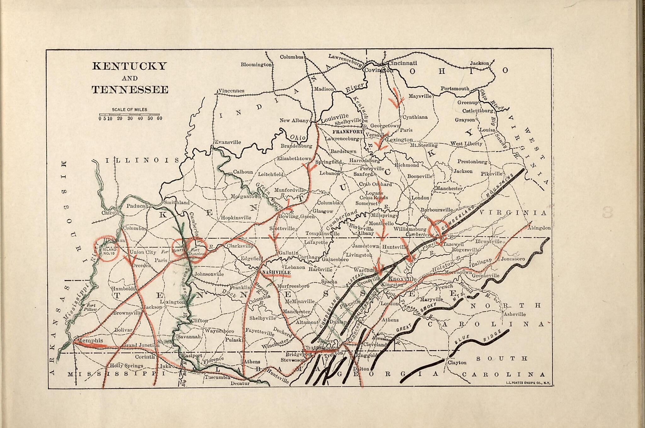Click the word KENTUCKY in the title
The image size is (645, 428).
click(129, 66)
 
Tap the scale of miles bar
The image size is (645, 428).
click(129, 114)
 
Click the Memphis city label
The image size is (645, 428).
click(90, 341)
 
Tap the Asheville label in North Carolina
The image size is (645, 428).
click(515, 314)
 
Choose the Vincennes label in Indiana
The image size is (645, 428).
click(231, 91)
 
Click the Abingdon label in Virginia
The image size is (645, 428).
click(539, 228)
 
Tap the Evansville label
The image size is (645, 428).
click(228, 142)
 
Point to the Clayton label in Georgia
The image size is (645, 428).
click(457, 363)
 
